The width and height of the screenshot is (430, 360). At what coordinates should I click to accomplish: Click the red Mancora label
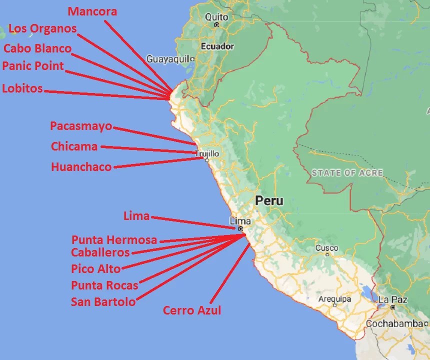pyautogui.click(x=92, y=11)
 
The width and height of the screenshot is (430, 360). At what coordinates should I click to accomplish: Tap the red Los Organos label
pyautogui.click(x=43, y=28)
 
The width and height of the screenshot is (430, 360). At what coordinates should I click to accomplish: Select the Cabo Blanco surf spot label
pyautogui.click(x=37, y=48)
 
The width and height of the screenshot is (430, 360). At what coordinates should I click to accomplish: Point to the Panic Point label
pyautogui.click(x=33, y=66)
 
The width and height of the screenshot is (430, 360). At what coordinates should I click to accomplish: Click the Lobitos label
pyautogui.click(x=22, y=89)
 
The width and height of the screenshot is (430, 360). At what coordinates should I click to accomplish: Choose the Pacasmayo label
pyautogui.click(x=81, y=126)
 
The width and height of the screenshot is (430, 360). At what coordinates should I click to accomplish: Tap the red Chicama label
pyautogui.click(x=74, y=146)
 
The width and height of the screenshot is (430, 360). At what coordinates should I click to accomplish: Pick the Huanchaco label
pyautogui.click(x=81, y=167)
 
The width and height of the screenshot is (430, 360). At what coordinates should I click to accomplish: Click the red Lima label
pyautogui.click(x=136, y=216)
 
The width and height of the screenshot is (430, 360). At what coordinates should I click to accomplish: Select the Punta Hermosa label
pyautogui.click(x=114, y=240)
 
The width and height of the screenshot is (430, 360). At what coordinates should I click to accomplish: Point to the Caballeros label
pyautogui.click(x=100, y=252)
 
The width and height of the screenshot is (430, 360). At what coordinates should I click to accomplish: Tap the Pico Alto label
pyautogui.click(x=96, y=269)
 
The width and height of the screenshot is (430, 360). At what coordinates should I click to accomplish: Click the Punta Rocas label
pyautogui.click(x=104, y=285)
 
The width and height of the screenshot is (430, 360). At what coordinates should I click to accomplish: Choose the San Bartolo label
pyautogui.click(x=103, y=302)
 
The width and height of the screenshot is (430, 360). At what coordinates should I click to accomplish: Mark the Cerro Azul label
pyautogui.click(x=192, y=310)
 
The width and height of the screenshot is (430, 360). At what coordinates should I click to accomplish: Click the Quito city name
pyautogui.click(x=216, y=17)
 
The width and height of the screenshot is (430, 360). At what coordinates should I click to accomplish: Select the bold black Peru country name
pyautogui.click(x=269, y=201)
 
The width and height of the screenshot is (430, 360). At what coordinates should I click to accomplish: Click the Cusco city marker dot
pyautogui.click(x=327, y=254)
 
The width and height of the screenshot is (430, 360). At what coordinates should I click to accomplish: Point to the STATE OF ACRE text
pyautogui.click(x=347, y=173)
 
